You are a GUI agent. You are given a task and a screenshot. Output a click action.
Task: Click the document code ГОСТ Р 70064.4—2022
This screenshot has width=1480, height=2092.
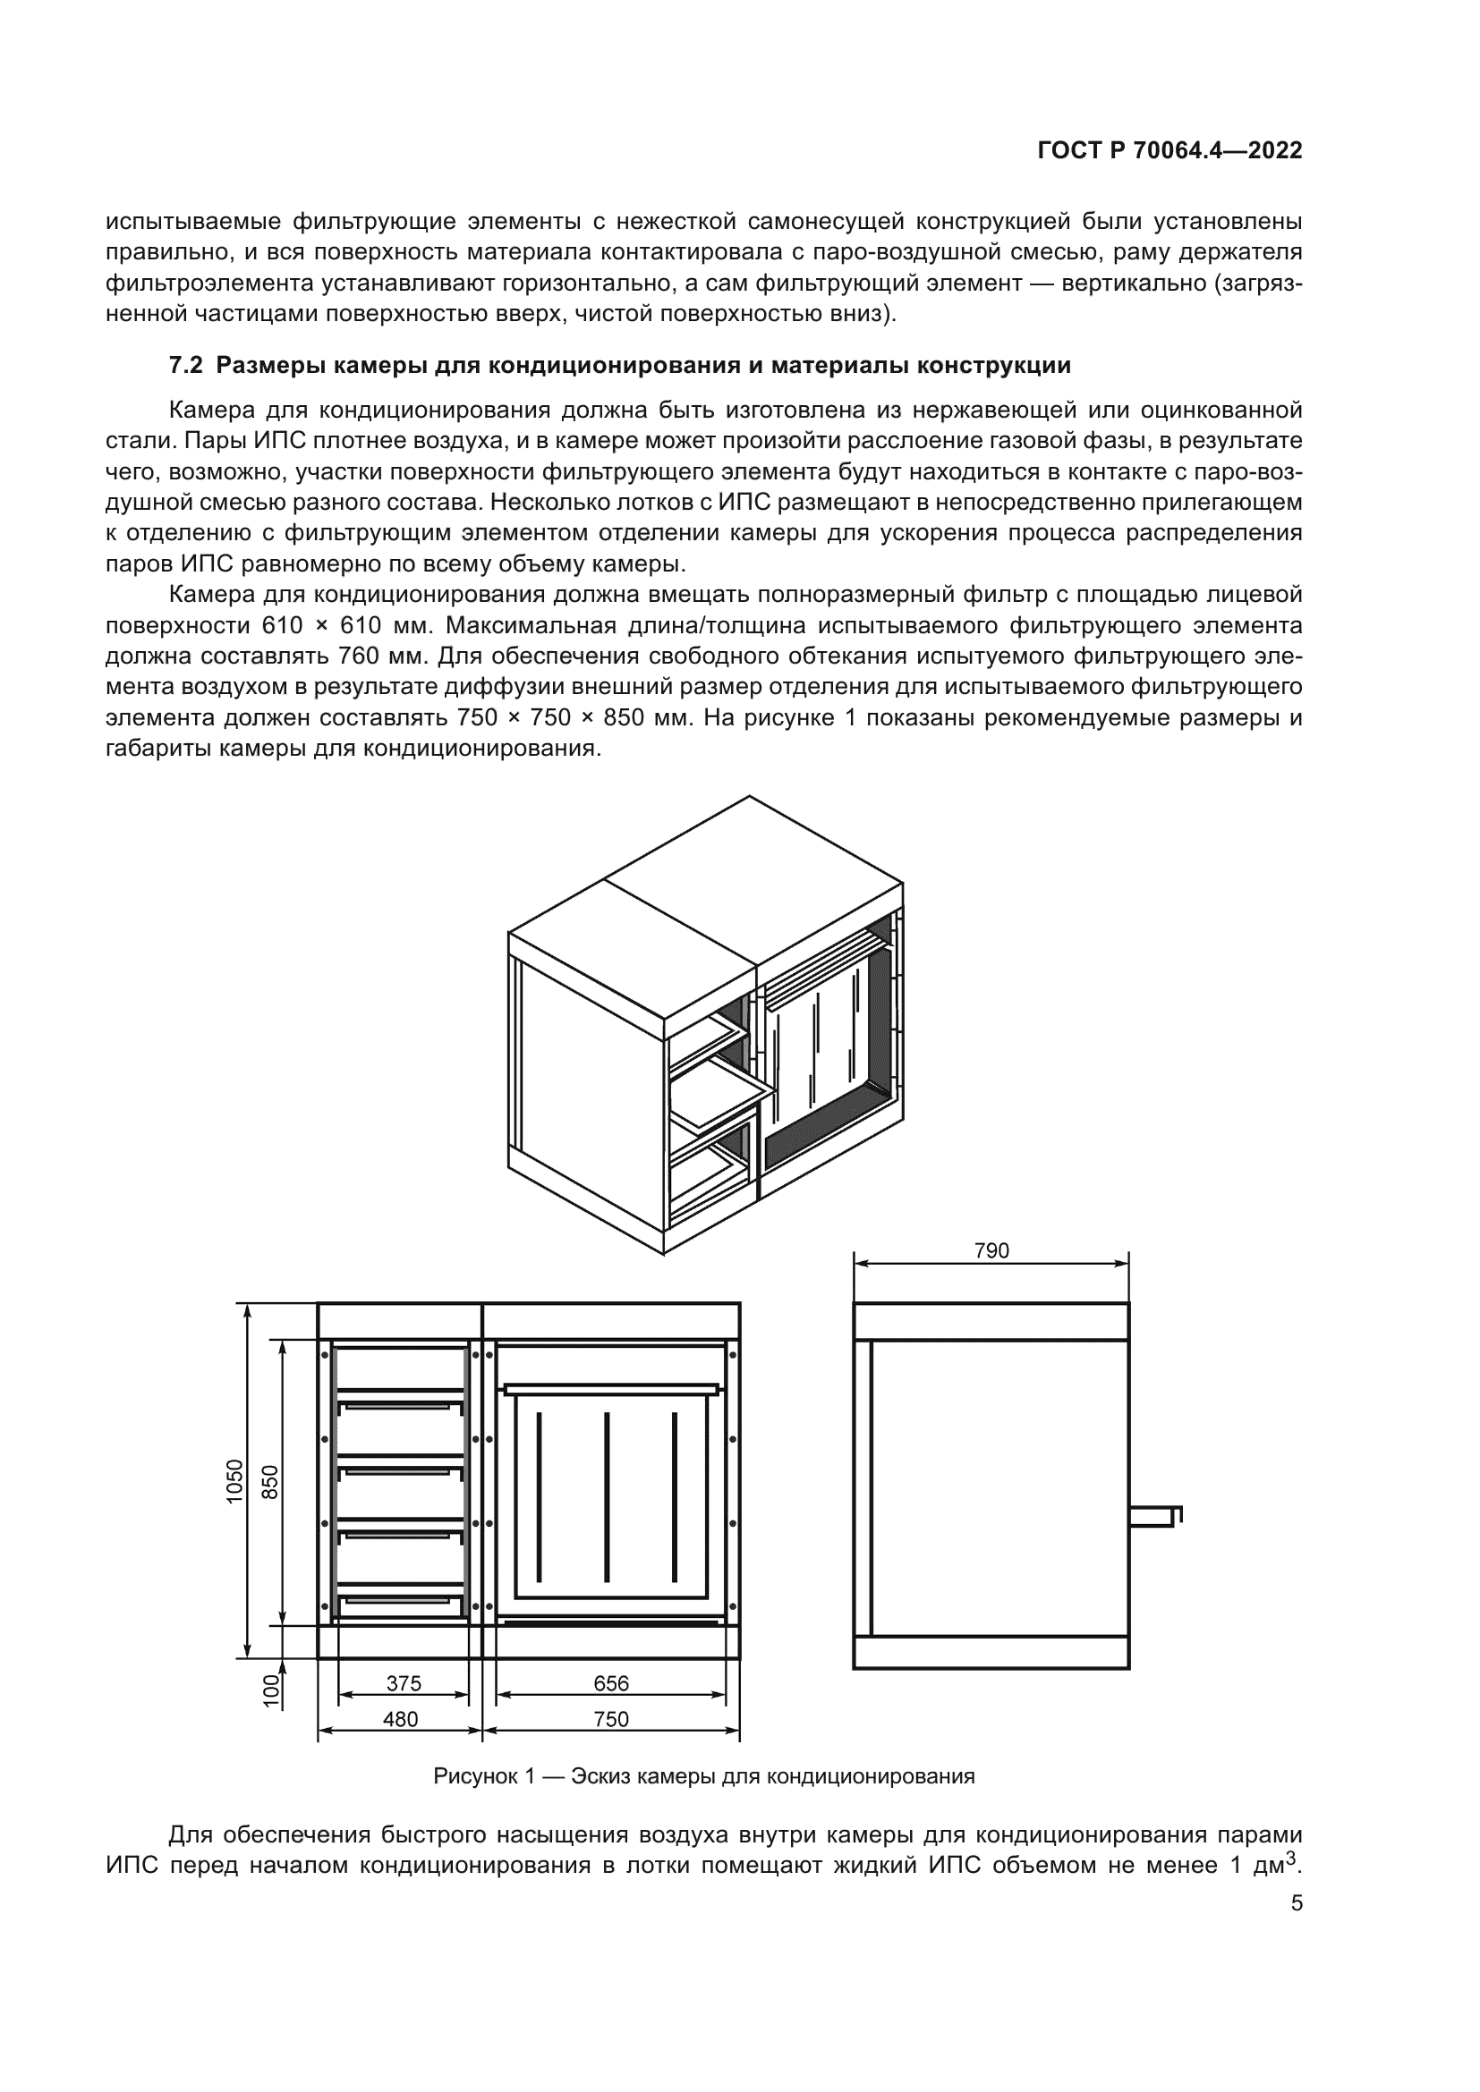1170,151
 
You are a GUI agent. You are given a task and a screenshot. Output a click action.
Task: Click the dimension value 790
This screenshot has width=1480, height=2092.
991,1251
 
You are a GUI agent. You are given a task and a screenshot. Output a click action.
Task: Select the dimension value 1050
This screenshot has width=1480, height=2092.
235,1481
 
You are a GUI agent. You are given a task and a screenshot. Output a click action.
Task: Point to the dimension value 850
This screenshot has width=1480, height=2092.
270,1482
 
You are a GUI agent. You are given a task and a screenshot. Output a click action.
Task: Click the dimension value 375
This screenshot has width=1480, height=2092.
404,1684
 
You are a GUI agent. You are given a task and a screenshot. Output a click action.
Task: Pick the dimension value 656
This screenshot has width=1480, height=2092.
611,1684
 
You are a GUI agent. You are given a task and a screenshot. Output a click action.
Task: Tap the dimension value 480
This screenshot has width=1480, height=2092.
400,1719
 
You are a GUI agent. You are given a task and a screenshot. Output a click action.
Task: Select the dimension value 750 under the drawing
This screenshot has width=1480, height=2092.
611,1719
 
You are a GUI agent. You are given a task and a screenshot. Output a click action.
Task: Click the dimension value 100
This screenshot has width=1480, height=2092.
270,1691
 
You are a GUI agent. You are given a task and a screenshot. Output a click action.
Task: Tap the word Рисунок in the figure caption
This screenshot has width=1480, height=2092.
472,1777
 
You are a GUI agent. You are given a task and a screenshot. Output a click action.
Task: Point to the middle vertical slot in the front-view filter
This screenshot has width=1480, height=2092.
607,1497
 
